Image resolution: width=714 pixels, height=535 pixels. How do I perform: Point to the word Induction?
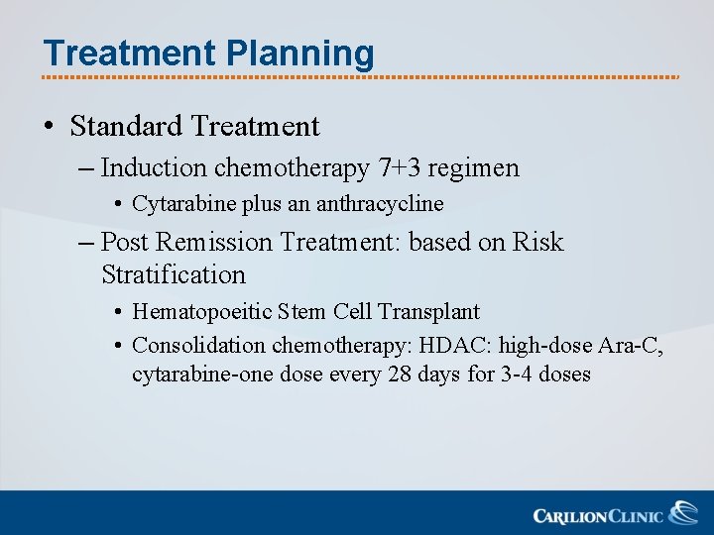pos(154,168)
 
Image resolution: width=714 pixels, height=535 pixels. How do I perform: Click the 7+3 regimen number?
pos(399,168)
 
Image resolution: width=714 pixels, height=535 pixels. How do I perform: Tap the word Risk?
pos(537,242)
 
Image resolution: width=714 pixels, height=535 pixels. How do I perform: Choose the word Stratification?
pos(174,274)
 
